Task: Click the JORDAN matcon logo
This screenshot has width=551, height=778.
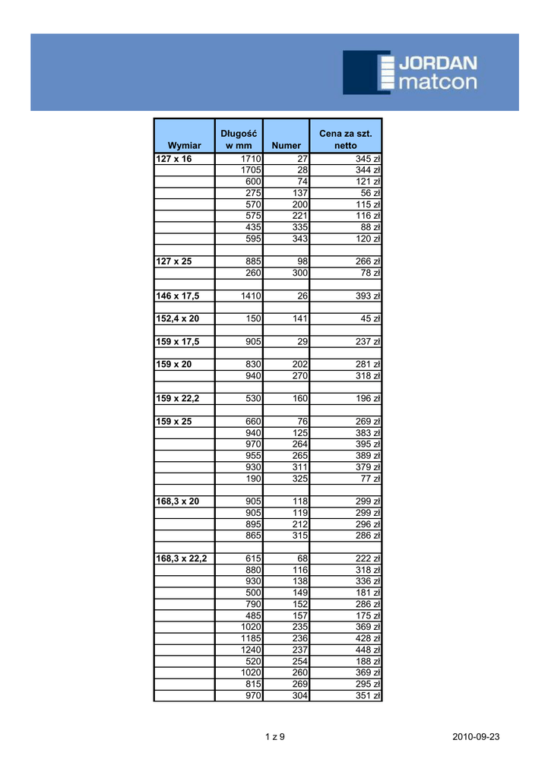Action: pyautogui.click(x=410, y=72)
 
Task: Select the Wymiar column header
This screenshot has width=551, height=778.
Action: pyautogui.click(x=185, y=145)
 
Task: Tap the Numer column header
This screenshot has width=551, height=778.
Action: pyautogui.click(x=286, y=145)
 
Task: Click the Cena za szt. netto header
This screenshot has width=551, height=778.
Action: pyautogui.click(x=345, y=139)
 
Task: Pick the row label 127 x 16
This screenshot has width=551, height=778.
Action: pyautogui.click(x=174, y=159)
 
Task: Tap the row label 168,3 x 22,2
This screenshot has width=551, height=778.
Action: pyautogui.click(x=181, y=558)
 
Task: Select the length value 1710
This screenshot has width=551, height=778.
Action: pyautogui.click(x=251, y=159)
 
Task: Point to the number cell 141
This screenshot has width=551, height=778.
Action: pyautogui.click(x=299, y=318)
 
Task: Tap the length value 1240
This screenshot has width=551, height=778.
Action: pyautogui.click(x=251, y=650)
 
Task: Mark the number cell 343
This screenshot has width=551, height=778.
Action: pyautogui.click(x=299, y=239)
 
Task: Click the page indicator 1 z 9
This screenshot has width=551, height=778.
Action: pyautogui.click(x=274, y=737)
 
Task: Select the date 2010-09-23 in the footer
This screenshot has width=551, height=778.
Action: pyautogui.click(x=476, y=737)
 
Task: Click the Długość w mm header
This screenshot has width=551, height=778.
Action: pyautogui.click(x=239, y=139)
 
